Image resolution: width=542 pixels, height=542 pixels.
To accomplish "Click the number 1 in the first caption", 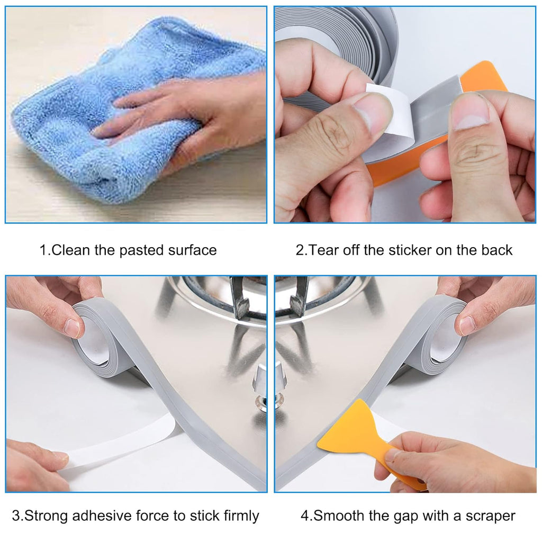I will tap(43, 250).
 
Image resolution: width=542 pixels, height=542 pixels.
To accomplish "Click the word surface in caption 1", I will tap(192, 250).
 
